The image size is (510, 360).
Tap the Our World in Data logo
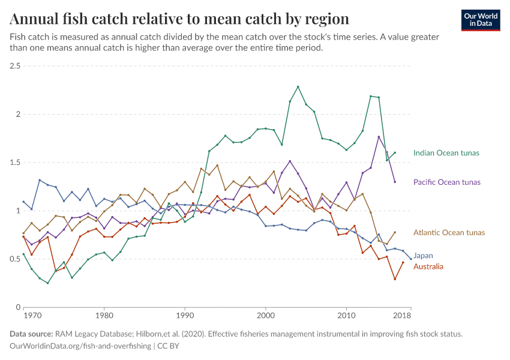(x=481, y=20)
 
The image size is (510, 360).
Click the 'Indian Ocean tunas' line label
(x=446, y=153)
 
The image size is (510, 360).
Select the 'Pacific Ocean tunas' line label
(x=447, y=182)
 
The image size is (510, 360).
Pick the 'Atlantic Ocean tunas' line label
(x=449, y=232)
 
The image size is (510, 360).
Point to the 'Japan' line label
(x=423, y=256)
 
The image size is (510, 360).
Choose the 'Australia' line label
(x=428, y=266)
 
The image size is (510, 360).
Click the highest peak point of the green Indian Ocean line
(x=298, y=87)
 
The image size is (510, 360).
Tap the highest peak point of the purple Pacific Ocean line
(x=379, y=137)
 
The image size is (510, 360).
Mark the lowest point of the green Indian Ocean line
(x=47, y=283)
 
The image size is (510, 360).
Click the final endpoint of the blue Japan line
(x=411, y=259)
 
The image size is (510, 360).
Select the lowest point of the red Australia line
(x=395, y=279)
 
